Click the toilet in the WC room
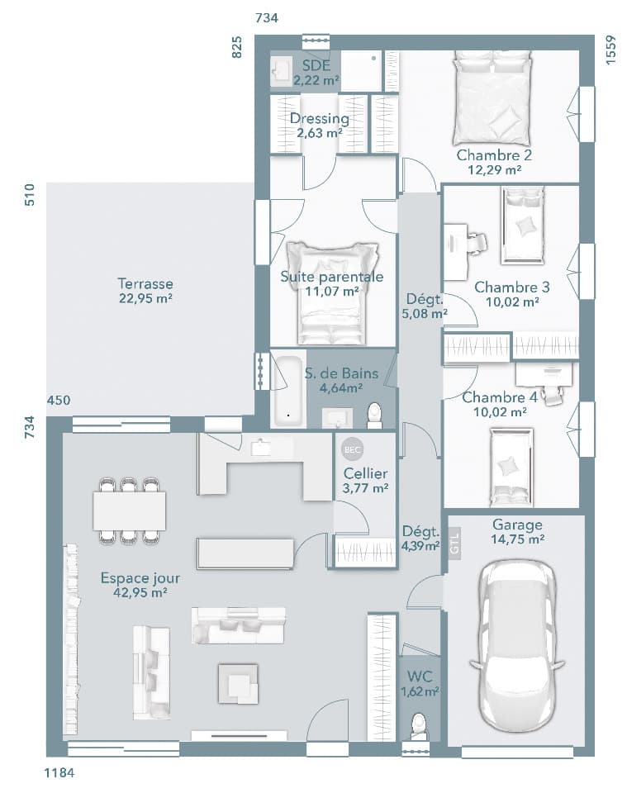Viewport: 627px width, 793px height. [418, 724]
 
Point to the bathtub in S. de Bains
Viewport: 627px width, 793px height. [288, 391]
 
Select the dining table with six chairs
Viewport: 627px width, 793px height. [129, 510]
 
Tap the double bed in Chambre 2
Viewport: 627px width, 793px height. [492, 98]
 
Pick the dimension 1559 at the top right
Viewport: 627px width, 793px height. [611, 51]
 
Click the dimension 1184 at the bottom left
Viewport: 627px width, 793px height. [59, 773]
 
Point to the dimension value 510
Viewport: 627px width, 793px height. [30, 195]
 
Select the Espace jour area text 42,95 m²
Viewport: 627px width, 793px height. [140, 592]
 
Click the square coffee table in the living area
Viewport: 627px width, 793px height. [238, 682]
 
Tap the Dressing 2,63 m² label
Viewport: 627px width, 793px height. [319, 126]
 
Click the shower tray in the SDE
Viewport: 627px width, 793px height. [362, 71]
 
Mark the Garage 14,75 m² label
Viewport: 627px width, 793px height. [517, 532]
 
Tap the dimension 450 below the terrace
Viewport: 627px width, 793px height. [59, 401]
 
